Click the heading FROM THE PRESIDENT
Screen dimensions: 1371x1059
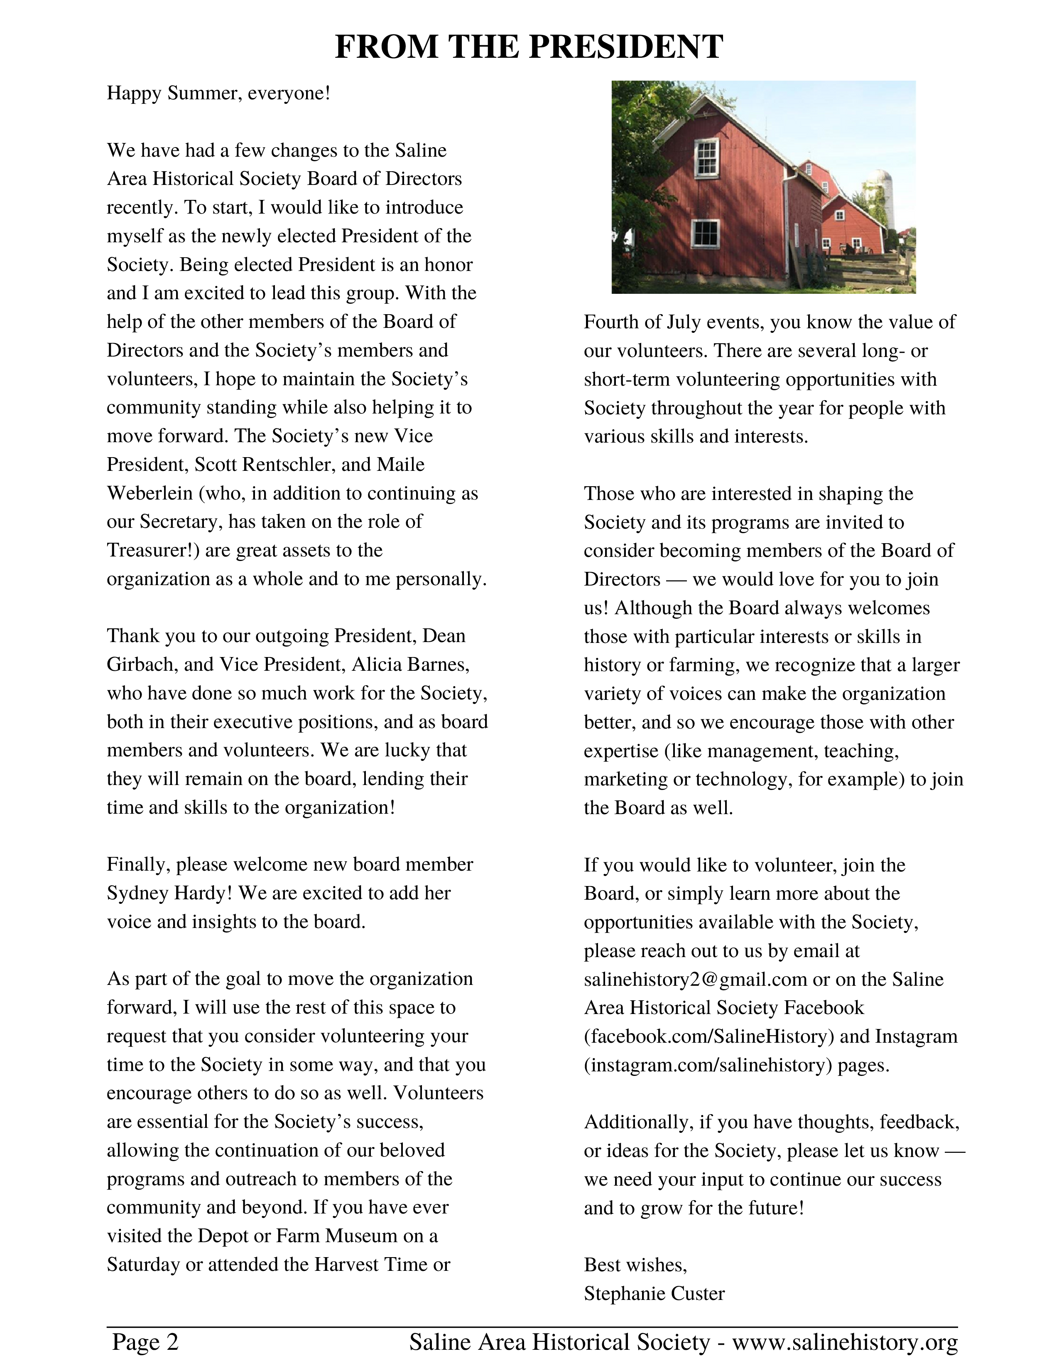(529, 47)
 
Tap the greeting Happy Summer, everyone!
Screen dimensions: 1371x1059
(218, 94)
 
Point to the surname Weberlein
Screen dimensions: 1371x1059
(150, 493)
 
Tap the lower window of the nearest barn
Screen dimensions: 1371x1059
(704, 233)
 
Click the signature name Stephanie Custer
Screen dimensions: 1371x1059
(655, 1294)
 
